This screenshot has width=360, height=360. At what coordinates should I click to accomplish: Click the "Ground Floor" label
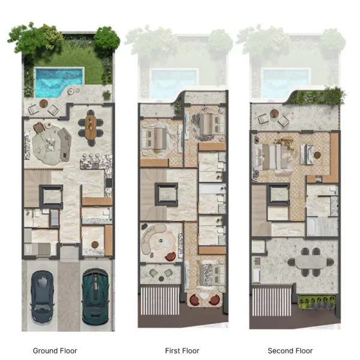(x=55, y=350)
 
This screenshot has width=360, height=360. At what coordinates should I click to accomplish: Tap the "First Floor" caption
(x=182, y=350)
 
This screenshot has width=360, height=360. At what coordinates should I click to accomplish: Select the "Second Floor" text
(x=290, y=350)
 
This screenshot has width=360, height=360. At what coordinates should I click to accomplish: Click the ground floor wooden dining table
(x=91, y=127)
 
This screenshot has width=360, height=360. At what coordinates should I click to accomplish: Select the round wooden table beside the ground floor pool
(x=43, y=106)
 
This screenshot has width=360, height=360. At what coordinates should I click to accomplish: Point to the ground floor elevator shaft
(x=52, y=196)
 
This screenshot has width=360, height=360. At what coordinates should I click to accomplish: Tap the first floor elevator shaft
(x=166, y=194)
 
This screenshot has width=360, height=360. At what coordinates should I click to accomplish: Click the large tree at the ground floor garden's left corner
(x=36, y=37)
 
